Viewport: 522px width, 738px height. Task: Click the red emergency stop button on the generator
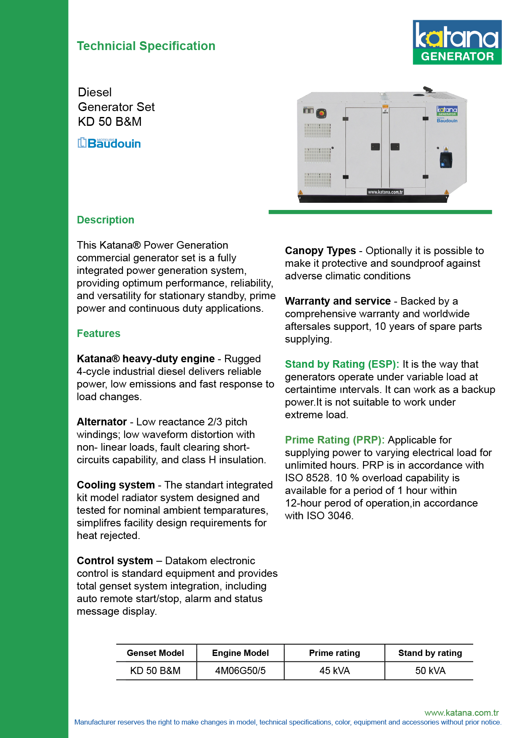pos(321,113)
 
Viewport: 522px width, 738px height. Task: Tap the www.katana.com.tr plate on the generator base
pos(385,192)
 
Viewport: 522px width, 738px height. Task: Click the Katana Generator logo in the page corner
pos(457,42)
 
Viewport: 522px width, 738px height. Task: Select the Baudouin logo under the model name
pos(109,143)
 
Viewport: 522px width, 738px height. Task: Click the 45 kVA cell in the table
pos(334,671)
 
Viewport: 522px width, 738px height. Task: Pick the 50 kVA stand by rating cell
pos(430,671)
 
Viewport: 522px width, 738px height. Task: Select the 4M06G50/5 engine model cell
pos(240,671)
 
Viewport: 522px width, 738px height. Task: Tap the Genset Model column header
pos(155,653)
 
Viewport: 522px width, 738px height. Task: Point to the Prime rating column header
pos(334,653)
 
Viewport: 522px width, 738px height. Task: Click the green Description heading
pos(106,220)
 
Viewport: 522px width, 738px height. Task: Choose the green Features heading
pos(98,334)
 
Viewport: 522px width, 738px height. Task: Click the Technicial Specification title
pos(146,46)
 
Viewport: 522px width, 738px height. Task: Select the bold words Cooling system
pos(116,485)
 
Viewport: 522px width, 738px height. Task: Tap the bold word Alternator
pos(102,422)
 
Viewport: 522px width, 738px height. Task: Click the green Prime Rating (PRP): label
pos(334,440)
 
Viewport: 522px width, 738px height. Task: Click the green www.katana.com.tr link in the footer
pos(461,713)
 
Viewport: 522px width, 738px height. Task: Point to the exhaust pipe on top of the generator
pos(428,90)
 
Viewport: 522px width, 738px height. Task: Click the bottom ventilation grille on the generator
pos(318,180)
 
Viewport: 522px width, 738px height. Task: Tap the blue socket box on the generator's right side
pos(446,160)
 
